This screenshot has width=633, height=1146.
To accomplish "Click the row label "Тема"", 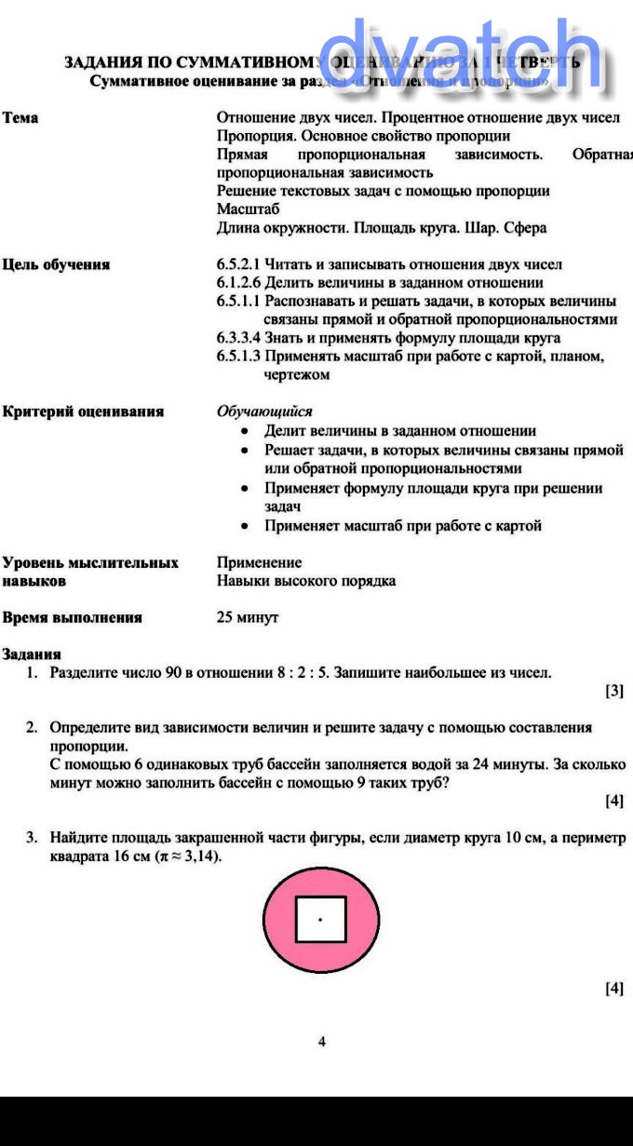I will pyautogui.click(x=20, y=118).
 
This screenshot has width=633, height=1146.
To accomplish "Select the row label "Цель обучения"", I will pyautogui.click(x=56, y=264).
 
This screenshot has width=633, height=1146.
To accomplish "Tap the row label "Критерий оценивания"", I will pyautogui.click(x=83, y=411).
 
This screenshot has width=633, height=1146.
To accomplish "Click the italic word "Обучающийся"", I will pyautogui.click(x=264, y=411).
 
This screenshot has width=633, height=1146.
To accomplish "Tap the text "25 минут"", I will pyautogui.click(x=248, y=617).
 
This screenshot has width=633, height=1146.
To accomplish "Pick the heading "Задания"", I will pyautogui.click(x=32, y=654).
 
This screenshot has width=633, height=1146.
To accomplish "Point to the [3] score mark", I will pyautogui.click(x=614, y=691).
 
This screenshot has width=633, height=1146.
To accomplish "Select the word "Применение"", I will pyautogui.click(x=259, y=562).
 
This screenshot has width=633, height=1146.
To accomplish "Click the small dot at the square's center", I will pyautogui.click(x=320, y=919).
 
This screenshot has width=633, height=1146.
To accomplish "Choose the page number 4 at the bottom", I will pyautogui.click(x=322, y=1042).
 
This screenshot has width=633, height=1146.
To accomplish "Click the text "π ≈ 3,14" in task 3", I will pyautogui.click(x=188, y=856).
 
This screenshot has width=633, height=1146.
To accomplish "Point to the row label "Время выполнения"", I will pyautogui.click(x=73, y=617).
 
